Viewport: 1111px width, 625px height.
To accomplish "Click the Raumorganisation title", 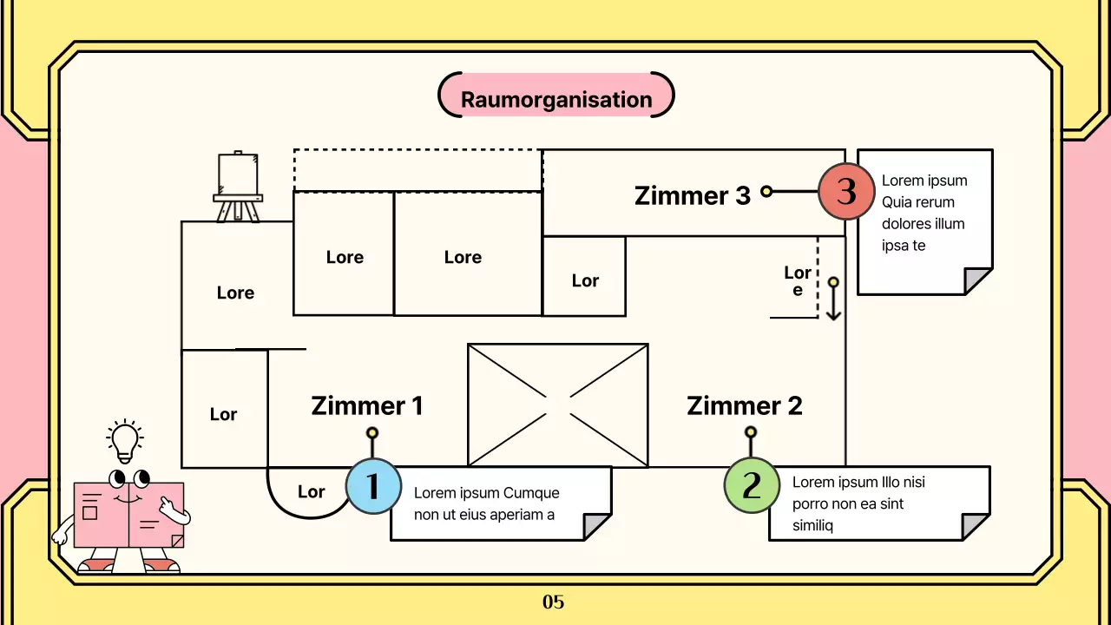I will coord(555,99).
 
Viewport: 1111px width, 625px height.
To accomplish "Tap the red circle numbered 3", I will coord(846,191).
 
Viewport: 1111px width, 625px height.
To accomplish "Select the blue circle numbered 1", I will coord(373,486).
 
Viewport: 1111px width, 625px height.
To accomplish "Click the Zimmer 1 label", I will coord(367,405).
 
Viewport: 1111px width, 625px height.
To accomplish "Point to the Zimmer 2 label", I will coord(744,405).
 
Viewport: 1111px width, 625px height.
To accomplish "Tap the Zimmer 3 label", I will coord(692,195).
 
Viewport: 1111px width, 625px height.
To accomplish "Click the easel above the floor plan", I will coord(238,187).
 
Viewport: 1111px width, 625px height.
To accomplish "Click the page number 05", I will coord(553,602).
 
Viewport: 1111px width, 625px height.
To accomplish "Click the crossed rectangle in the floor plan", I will coord(557,405).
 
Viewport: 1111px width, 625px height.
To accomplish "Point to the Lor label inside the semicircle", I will coord(311,492).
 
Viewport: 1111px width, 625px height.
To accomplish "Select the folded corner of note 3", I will coord(978,281).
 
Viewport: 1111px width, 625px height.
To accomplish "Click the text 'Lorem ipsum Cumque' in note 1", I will coord(486,493).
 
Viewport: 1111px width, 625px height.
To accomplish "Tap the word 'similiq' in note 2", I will coord(812,525).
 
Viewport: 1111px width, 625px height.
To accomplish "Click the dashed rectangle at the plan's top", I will coord(417,170).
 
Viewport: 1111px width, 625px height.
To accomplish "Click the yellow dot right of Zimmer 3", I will coord(766,191).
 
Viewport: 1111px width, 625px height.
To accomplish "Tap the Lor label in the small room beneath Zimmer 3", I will coord(585,280).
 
